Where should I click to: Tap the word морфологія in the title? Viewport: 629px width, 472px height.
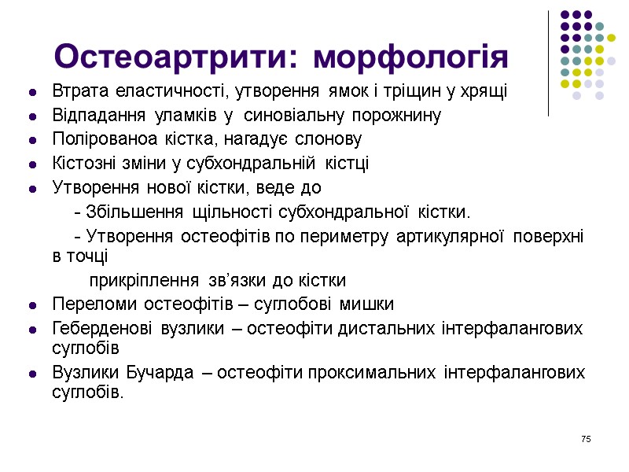(x=410, y=57)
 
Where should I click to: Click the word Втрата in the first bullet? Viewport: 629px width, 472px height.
(x=77, y=91)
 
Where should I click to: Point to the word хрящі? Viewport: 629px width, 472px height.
(x=486, y=91)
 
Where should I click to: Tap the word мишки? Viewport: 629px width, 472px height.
(x=367, y=304)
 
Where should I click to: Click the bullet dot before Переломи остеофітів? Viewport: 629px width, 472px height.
(x=32, y=305)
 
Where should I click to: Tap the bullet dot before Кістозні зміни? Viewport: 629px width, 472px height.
(x=32, y=165)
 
